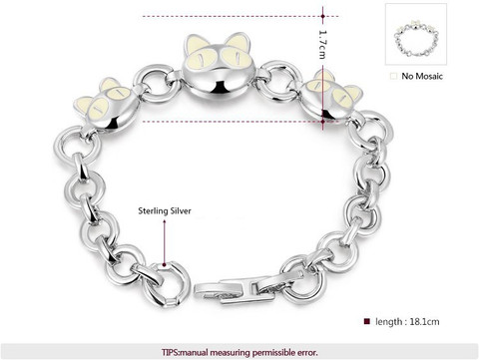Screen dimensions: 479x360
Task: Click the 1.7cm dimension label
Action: [322, 45]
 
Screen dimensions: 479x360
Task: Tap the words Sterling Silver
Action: [165, 210]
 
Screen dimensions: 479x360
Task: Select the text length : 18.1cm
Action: [407, 322]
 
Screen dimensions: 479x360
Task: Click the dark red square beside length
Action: [367, 321]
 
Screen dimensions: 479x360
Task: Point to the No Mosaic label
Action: [422, 76]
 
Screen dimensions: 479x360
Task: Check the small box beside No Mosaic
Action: [393, 76]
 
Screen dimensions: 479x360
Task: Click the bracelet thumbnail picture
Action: [416, 34]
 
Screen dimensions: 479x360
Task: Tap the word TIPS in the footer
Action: [171, 352]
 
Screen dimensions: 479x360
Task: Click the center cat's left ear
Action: [194, 44]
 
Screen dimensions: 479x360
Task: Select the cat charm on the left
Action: [106, 104]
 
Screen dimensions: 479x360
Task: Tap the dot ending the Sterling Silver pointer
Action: [164, 265]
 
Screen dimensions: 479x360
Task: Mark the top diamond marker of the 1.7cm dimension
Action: [323, 16]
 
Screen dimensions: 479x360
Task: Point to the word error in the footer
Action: [307, 352]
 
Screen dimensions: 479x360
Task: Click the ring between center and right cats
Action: [278, 81]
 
